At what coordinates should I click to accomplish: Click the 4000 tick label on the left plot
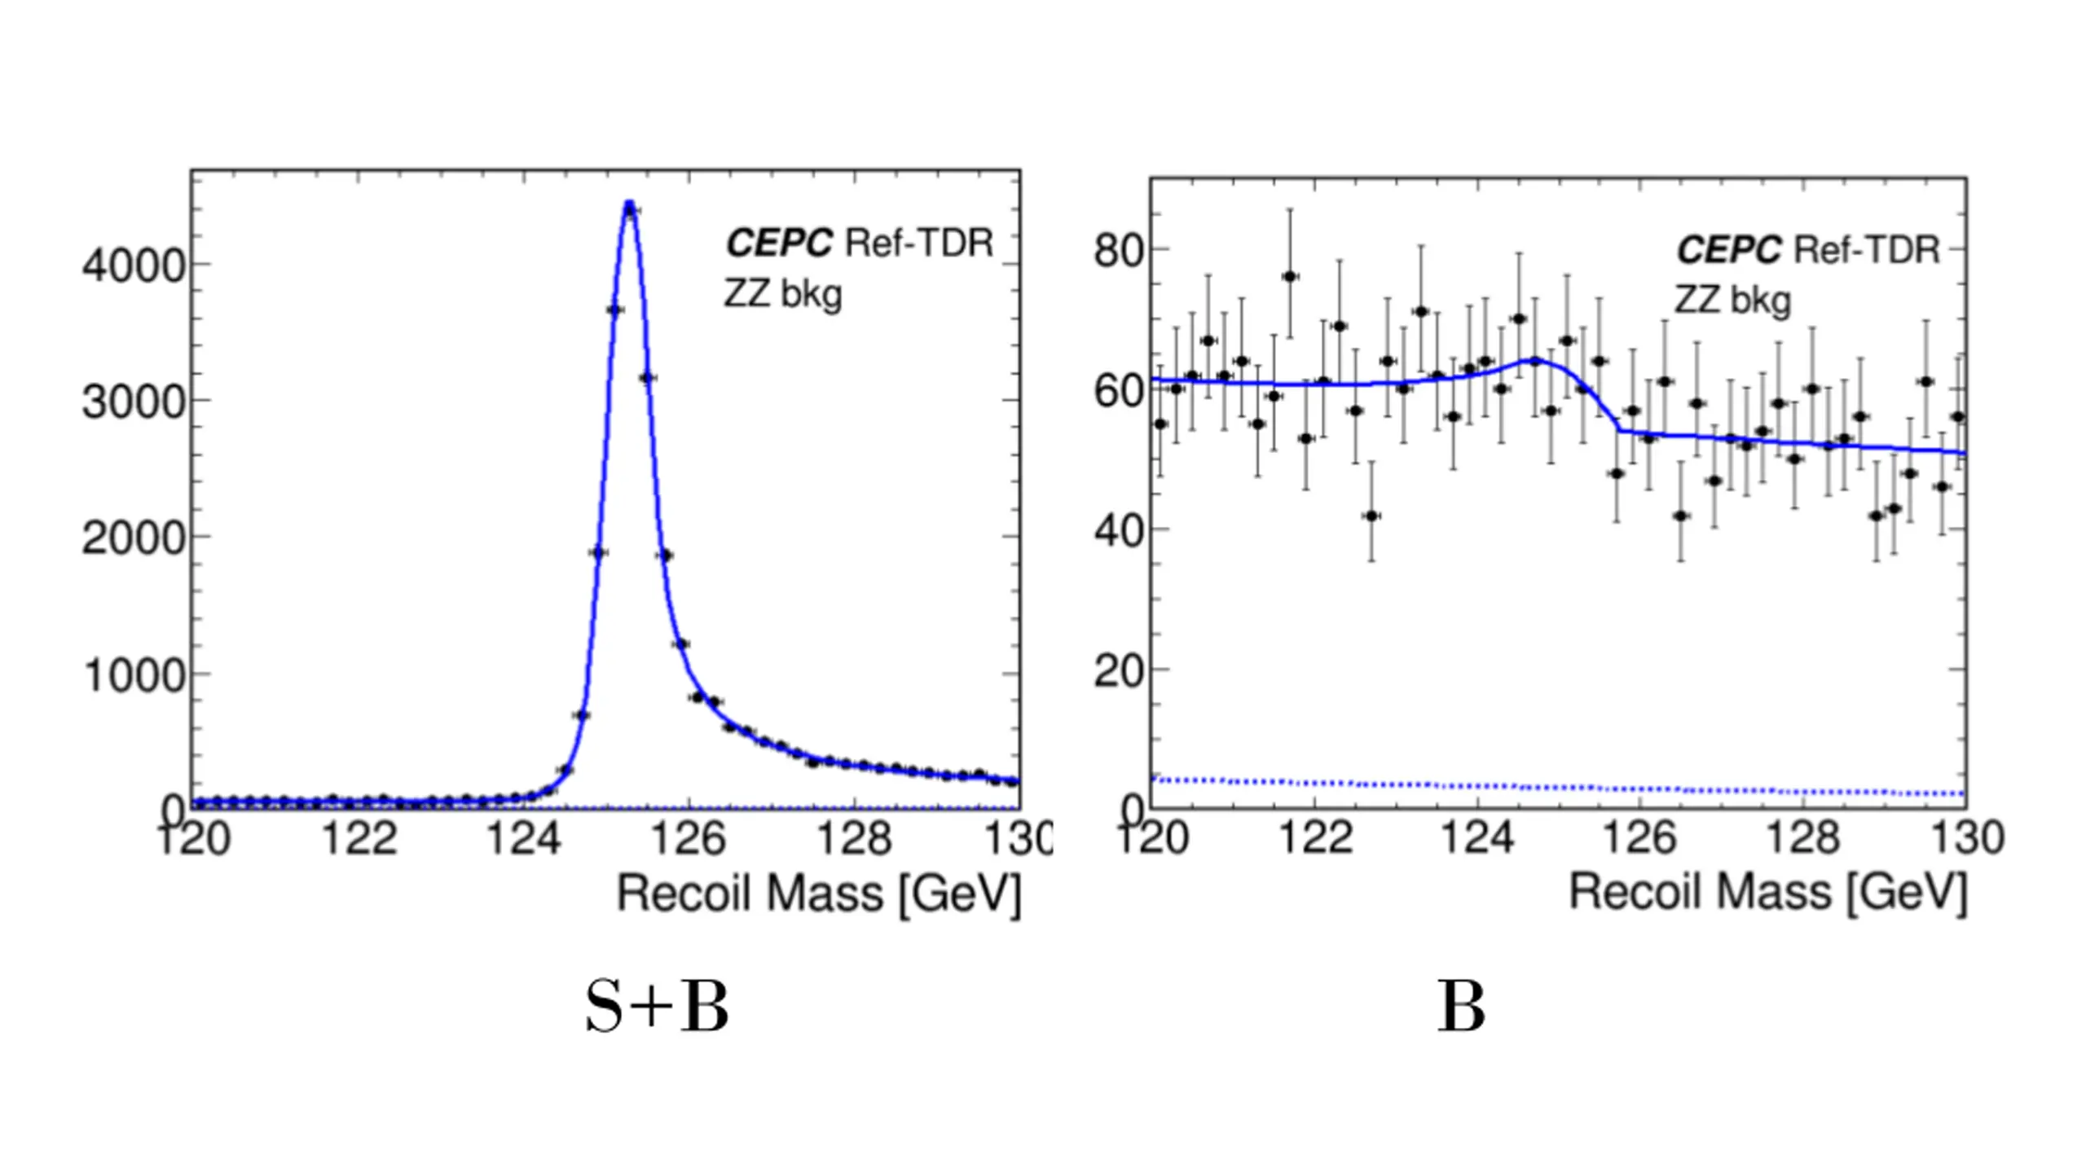135,266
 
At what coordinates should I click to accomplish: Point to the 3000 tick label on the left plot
135,402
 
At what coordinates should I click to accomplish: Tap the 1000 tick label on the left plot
135,676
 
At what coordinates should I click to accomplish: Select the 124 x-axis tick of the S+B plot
524,837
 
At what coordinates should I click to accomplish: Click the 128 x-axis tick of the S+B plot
853,837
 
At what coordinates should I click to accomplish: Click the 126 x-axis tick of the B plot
1640,837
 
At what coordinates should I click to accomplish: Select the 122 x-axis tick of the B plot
1316,837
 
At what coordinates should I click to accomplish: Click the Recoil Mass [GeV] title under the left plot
818,894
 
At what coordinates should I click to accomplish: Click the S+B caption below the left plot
657,1007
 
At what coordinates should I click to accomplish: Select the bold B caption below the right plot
1461,1007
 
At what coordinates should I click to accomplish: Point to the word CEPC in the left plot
779,243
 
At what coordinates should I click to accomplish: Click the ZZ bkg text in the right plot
1732,301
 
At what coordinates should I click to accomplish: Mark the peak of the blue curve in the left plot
629,204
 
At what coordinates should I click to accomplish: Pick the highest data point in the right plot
1290,277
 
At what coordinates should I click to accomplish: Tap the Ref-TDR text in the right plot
1868,250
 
